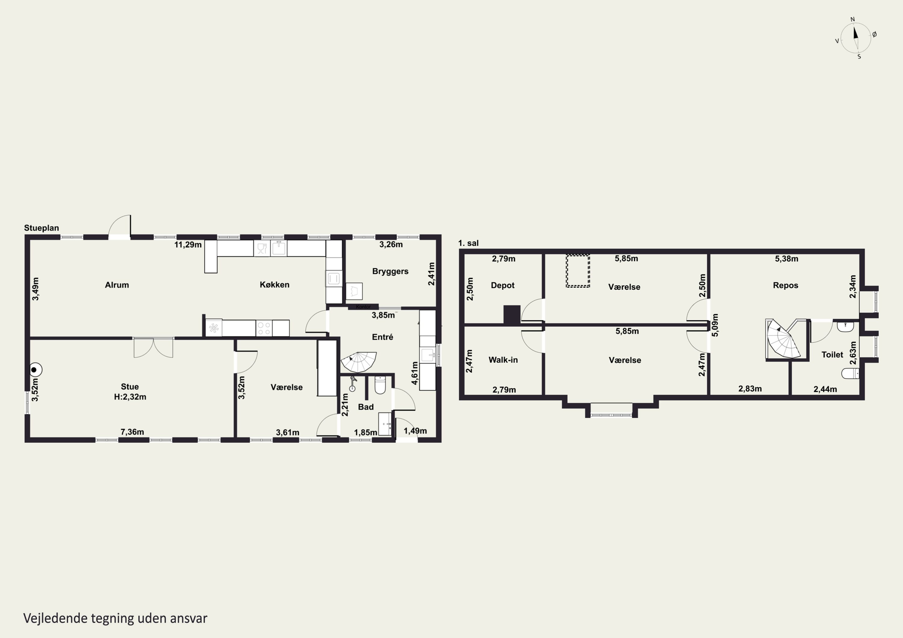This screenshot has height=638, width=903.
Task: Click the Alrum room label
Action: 117,285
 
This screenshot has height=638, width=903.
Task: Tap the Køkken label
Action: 275,285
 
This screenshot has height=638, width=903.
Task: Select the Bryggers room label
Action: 390,271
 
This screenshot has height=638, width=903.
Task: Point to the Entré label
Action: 382,337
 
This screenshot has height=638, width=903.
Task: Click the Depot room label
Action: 503,285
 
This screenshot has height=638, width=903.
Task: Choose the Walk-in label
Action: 503,360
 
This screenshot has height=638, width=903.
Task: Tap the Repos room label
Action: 785,285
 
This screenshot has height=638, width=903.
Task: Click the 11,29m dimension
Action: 188,245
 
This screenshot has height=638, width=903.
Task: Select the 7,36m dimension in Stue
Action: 132,432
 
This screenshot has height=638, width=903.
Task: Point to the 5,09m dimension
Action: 715,325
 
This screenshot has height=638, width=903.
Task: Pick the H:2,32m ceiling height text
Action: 130,397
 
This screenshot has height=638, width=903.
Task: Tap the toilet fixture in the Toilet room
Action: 850,373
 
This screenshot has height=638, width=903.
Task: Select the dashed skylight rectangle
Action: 578,271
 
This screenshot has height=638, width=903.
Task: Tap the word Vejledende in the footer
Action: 55,618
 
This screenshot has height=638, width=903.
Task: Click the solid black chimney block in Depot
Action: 512,315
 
